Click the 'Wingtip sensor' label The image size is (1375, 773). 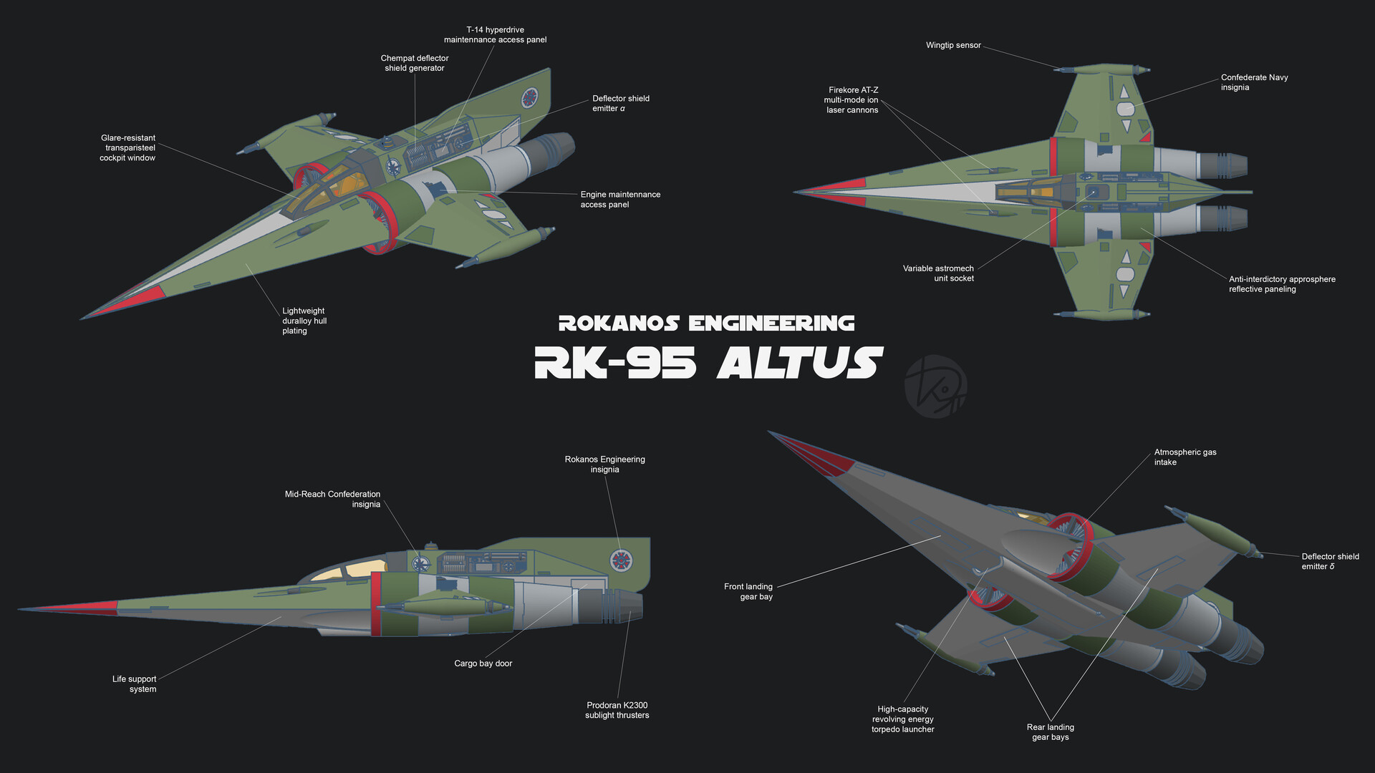(x=953, y=45)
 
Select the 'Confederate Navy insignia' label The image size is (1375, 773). (x=1254, y=82)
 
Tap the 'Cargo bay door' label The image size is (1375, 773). (x=483, y=663)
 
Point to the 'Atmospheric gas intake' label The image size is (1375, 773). (x=1185, y=457)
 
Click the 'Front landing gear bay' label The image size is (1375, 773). (x=748, y=591)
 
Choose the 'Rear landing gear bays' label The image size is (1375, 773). (x=1050, y=732)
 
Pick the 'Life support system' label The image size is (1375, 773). (x=135, y=684)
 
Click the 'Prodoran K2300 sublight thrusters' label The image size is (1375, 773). (x=617, y=710)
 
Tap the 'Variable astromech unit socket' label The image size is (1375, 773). (x=938, y=273)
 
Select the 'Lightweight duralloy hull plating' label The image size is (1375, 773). (x=304, y=321)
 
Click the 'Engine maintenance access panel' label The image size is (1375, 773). (x=619, y=200)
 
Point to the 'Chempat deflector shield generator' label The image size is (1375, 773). (x=415, y=63)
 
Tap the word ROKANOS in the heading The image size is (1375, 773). (x=618, y=324)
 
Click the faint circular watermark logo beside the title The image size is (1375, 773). (x=935, y=387)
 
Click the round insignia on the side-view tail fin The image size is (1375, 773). (x=620, y=561)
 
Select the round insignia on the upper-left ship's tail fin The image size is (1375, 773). (x=529, y=97)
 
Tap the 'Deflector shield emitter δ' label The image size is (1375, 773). (x=1330, y=561)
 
